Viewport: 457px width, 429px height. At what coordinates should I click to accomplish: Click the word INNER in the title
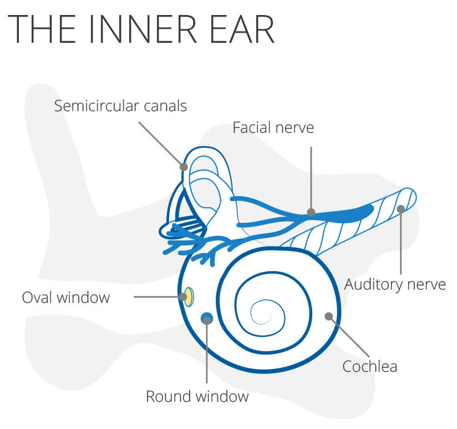144,29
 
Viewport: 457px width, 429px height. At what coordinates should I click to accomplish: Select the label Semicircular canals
120,106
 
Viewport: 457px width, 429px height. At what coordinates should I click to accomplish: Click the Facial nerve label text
273,128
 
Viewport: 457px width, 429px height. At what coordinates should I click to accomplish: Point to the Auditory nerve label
395,284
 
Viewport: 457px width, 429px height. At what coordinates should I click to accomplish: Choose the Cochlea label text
369,366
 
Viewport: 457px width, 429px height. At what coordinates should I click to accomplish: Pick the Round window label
197,396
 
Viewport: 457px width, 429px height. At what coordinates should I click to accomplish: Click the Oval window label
66,298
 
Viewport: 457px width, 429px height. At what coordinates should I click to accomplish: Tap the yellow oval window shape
189,297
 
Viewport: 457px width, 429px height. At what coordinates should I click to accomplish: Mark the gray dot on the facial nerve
311,212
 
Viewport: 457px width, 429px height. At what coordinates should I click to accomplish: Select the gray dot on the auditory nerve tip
401,209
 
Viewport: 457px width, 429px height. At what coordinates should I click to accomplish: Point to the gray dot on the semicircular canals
184,167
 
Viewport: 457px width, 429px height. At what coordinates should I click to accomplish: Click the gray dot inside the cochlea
329,316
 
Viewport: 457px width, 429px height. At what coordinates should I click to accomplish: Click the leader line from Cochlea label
349,336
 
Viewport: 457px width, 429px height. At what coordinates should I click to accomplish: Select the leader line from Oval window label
158,297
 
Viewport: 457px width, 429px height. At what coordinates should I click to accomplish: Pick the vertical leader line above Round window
207,352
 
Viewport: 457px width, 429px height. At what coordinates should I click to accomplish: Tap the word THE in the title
42,29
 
